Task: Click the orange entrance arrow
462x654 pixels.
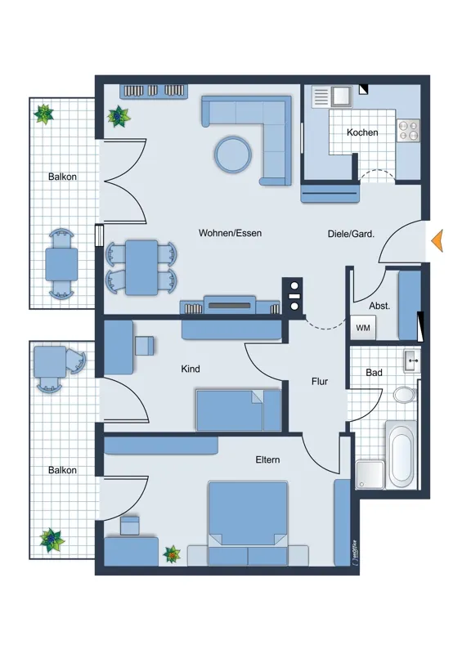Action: point(437,240)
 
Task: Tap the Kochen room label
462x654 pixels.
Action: point(362,132)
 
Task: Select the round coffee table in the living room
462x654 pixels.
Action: point(233,154)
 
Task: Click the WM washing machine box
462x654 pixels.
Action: point(363,328)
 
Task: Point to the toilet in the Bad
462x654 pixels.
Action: point(405,394)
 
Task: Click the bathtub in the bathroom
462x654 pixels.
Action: point(401,455)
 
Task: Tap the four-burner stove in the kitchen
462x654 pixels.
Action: point(408,130)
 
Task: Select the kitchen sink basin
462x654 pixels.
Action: point(342,96)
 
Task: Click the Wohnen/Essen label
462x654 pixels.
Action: point(230,233)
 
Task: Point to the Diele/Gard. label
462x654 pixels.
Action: point(351,234)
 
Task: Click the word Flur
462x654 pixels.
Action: point(320,381)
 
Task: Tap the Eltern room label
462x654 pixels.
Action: point(267,459)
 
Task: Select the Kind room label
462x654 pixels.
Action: point(191,369)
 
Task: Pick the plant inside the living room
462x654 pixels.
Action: point(119,116)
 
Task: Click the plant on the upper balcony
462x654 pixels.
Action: point(44,114)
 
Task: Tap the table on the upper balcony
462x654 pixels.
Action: point(61,264)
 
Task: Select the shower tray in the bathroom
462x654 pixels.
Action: point(370,474)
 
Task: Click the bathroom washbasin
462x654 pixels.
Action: point(411,361)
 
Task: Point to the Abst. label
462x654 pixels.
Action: point(379,306)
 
